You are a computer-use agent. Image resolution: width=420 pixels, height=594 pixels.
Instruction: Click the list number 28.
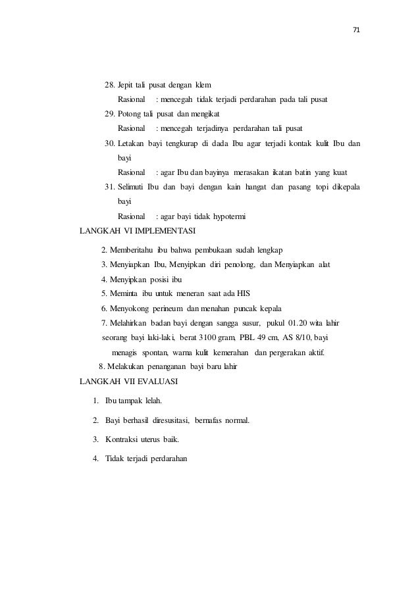[x=111, y=86]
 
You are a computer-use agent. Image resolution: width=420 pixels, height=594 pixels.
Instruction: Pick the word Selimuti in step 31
[x=131, y=187]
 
